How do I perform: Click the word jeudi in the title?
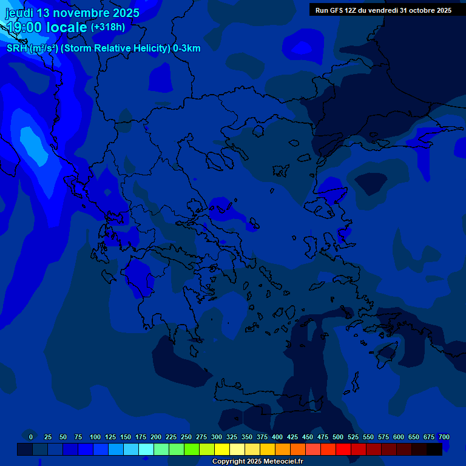(19, 13)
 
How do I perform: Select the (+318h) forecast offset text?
(107, 27)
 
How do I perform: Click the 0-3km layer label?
(186, 49)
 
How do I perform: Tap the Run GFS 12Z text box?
(383, 10)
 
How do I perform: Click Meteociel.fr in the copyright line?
(280, 462)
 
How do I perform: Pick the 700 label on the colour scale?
(444, 437)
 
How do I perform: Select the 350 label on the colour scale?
(247, 437)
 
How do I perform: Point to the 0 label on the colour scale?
(30, 437)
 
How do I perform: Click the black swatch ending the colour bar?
(434, 449)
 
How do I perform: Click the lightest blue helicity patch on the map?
(29, 140)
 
